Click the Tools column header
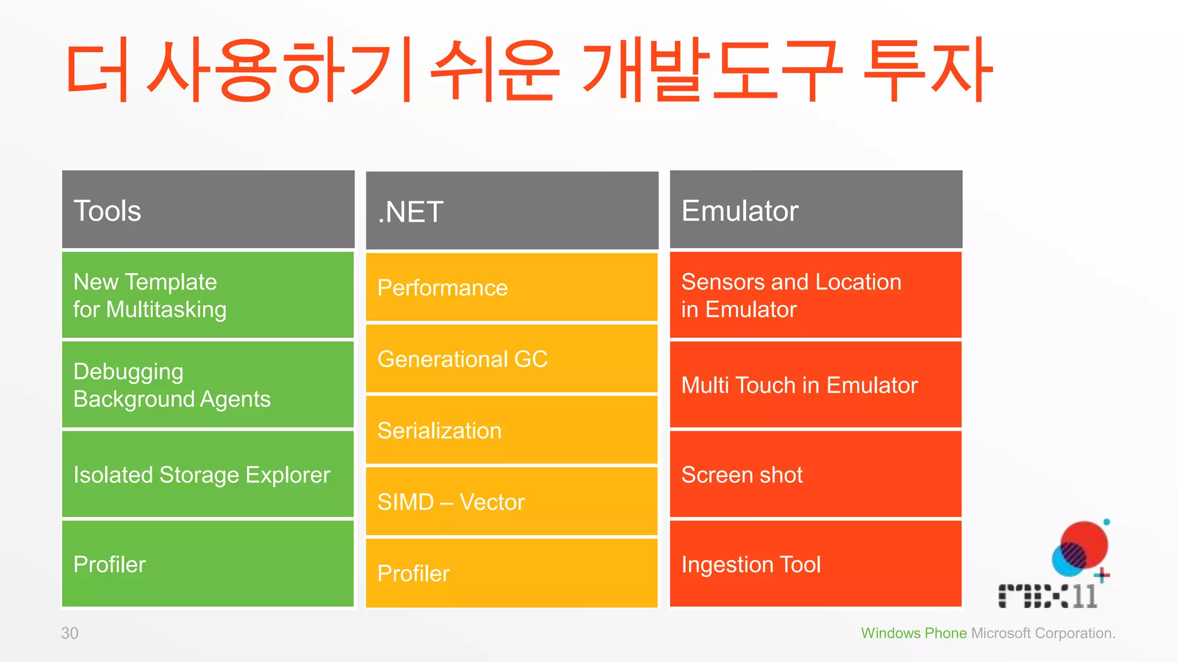coord(208,210)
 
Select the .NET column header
coord(511,211)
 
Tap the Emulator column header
coord(816,210)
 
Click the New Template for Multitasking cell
coord(208,295)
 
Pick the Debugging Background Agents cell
coord(208,385)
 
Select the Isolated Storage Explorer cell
coord(208,475)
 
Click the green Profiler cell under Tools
coord(208,564)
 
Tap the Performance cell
coord(511,287)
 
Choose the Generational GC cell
coord(511,359)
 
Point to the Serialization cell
coord(511,430)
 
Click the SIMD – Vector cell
coord(511,502)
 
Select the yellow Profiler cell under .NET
coord(511,574)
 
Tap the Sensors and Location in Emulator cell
coord(816,295)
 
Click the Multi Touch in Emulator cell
coord(816,385)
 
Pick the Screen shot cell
coord(816,475)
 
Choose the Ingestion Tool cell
coord(816,564)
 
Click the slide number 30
coord(70,633)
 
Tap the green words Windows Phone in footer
coord(913,633)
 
